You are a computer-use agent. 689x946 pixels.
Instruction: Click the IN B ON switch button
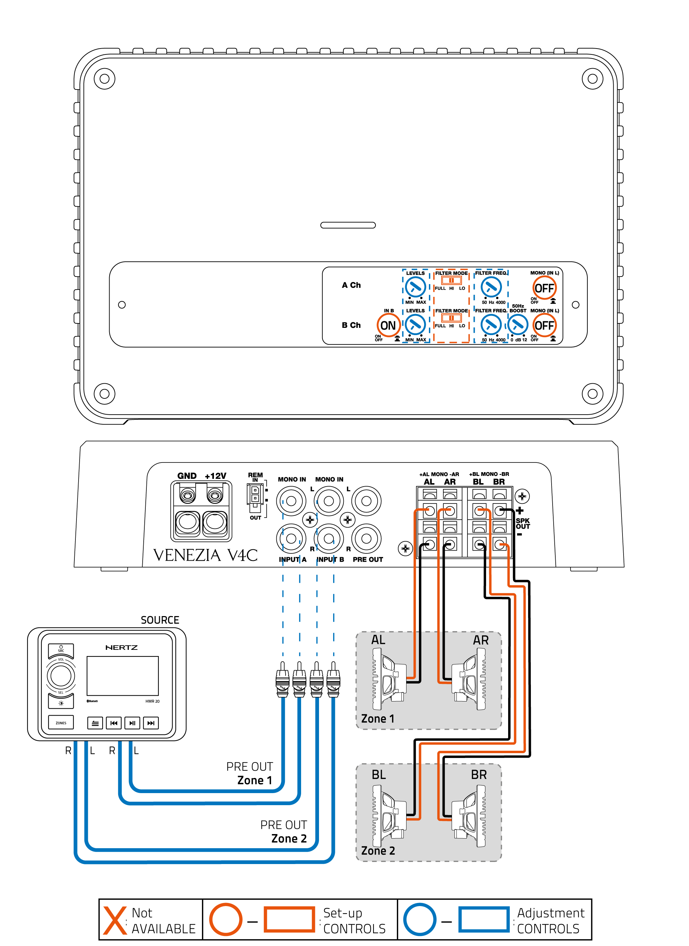[x=388, y=325]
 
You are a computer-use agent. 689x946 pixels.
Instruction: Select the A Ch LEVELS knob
[x=415, y=287]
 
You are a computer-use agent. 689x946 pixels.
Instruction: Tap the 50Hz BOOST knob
[x=518, y=324]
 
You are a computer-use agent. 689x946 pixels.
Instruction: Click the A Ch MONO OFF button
[x=544, y=288]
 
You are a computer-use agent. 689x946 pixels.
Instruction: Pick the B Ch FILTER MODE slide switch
[x=451, y=318]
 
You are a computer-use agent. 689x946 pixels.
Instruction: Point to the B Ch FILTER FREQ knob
[x=491, y=324]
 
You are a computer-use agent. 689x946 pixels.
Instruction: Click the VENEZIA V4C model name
[x=205, y=555]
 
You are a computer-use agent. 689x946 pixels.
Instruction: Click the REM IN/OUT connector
[x=255, y=496]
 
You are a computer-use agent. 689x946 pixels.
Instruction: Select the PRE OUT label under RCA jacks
[x=368, y=559]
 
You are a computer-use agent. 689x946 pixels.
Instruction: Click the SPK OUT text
[x=523, y=523]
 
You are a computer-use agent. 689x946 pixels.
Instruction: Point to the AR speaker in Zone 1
[x=470, y=678]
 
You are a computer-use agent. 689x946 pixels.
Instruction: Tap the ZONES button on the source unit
[x=61, y=723]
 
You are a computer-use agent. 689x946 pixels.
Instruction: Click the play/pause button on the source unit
[x=132, y=723]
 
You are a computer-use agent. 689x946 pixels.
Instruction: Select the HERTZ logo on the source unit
[x=122, y=647]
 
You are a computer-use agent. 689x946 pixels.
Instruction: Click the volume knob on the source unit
[x=61, y=676]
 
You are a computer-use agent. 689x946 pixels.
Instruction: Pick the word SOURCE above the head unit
[x=160, y=620]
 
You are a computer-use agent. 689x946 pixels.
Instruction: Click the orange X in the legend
[x=115, y=920]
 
